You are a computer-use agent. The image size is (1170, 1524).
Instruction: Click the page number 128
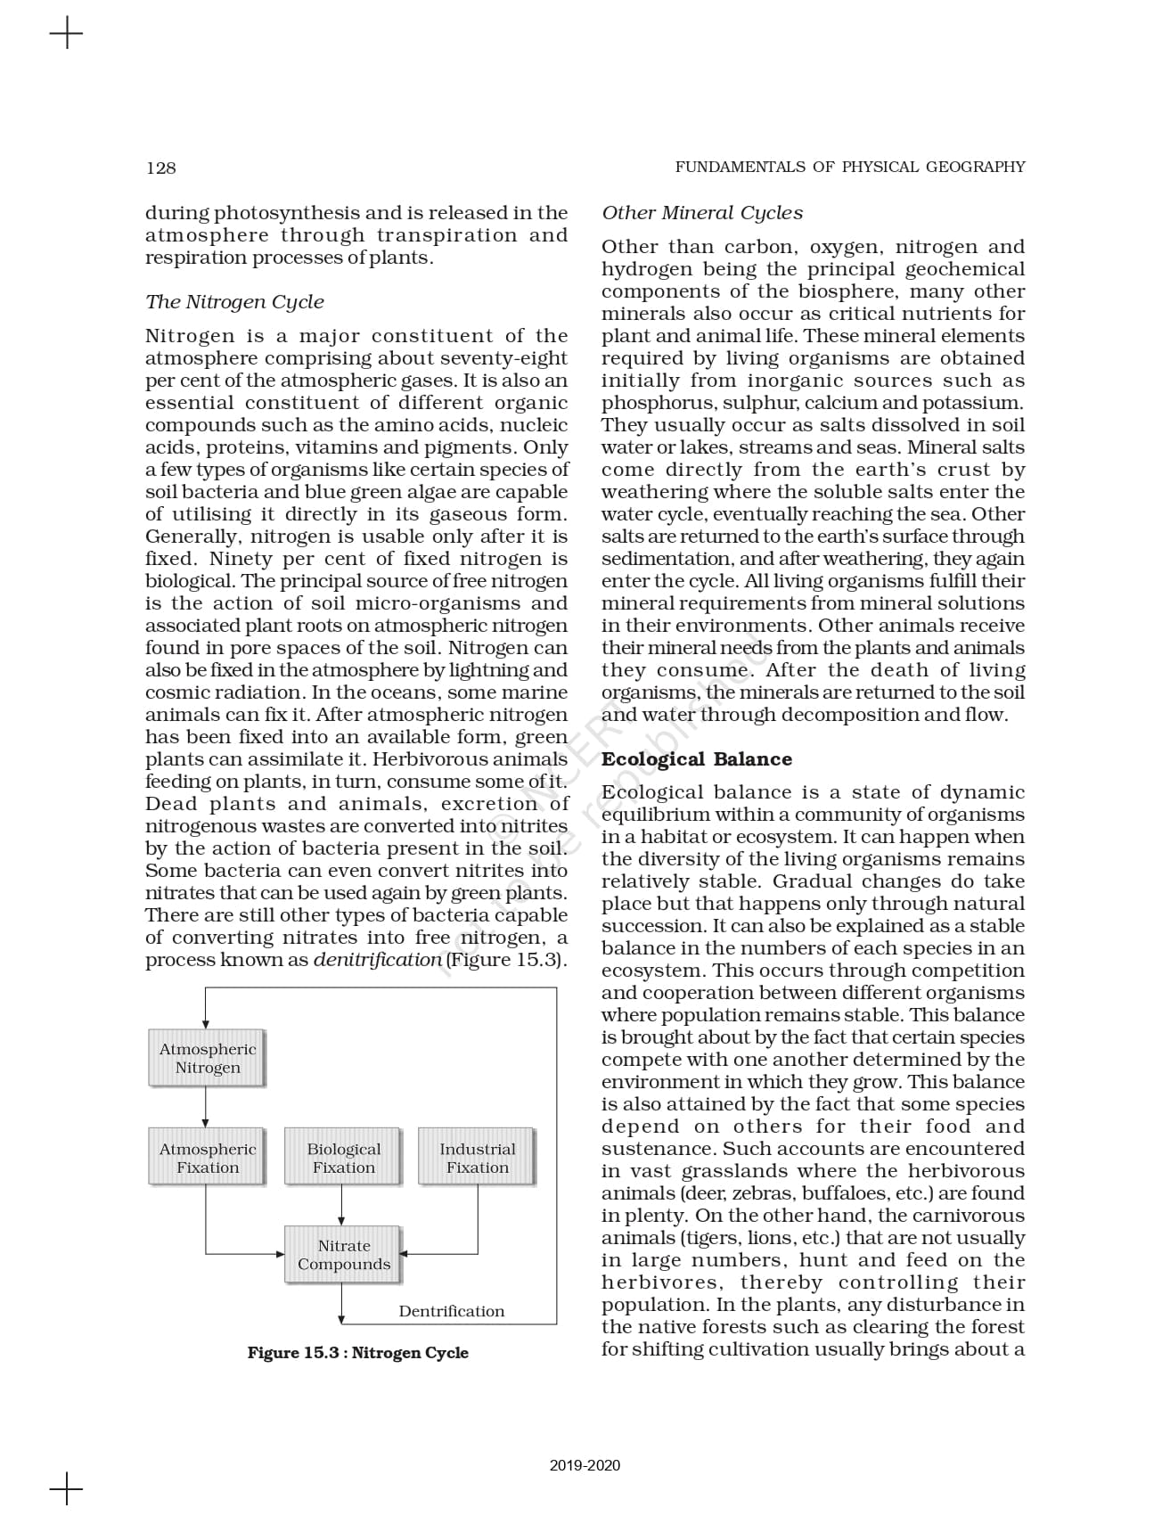click(x=161, y=168)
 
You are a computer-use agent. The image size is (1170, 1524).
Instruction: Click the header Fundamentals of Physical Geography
click(x=849, y=167)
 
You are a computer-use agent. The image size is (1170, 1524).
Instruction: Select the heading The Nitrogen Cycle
click(x=234, y=302)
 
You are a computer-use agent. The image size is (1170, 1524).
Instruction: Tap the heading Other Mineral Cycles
click(x=701, y=213)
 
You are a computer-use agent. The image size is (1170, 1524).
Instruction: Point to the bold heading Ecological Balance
click(x=696, y=759)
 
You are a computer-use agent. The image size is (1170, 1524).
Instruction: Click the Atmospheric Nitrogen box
click(x=207, y=1059)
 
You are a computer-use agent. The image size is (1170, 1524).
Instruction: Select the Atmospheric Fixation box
click(x=207, y=1158)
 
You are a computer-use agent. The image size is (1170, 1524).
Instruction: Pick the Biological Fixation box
click(x=343, y=1158)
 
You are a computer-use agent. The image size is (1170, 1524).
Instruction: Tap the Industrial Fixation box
click(x=477, y=1158)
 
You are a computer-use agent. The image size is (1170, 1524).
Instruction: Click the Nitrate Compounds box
click(x=343, y=1255)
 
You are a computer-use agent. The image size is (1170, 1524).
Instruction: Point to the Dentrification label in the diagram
click(x=451, y=1311)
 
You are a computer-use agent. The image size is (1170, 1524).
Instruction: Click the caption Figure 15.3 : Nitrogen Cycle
click(x=357, y=1353)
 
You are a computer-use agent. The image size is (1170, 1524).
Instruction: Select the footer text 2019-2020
click(x=585, y=1465)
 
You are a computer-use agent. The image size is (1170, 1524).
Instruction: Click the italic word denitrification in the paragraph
click(x=377, y=960)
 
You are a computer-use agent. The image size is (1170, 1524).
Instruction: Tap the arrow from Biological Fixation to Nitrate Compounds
click(x=342, y=1207)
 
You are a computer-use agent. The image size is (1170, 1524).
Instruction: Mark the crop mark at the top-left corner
click(x=66, y=35)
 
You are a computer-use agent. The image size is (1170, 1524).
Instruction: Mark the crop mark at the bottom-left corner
click(x=66, y=1488)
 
